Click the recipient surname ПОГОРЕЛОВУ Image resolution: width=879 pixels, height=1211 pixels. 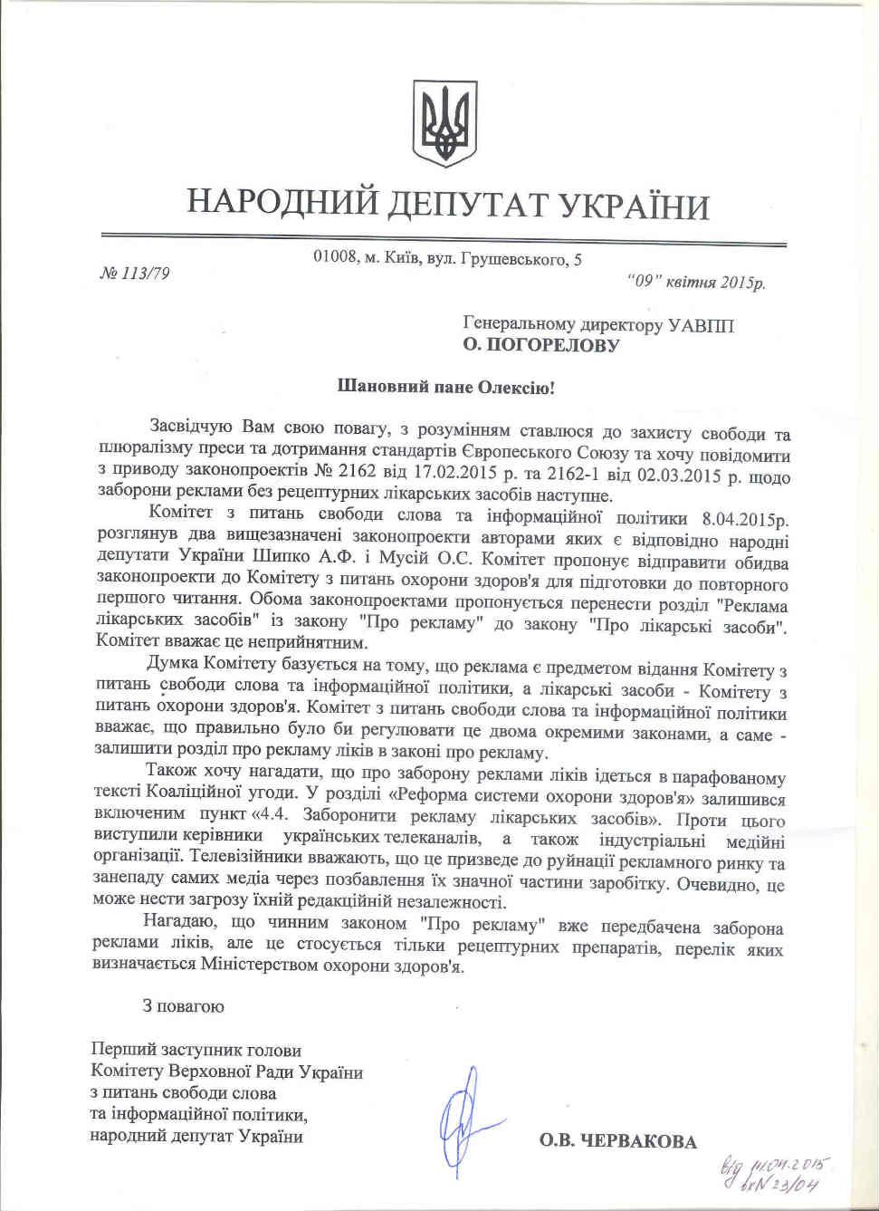click(x=552, y=345)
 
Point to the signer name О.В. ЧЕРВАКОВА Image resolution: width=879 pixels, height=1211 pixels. click(x=618, y=1141)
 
